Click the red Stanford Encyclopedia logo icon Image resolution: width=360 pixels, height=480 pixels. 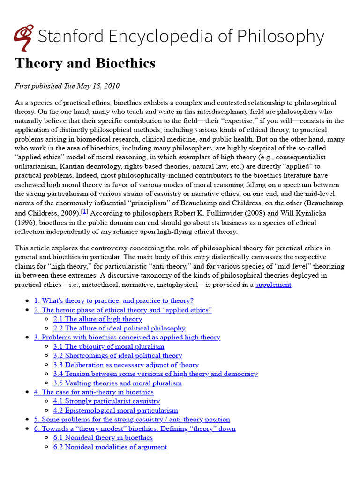23,37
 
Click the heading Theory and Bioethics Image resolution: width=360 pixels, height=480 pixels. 85,63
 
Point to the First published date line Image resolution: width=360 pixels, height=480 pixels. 67,86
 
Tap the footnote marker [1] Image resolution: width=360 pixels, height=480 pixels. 84,211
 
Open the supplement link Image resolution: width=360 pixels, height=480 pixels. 273,285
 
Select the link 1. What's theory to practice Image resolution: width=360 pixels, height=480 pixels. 113,301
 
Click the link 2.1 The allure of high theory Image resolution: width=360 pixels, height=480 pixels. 97,319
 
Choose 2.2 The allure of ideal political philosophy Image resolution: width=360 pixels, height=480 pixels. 119,329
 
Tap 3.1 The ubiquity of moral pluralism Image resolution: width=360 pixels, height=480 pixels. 109,347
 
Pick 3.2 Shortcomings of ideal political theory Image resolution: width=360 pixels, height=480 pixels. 118,356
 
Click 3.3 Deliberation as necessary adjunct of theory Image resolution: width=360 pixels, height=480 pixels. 126,365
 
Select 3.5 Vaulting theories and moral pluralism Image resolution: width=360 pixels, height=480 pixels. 117,383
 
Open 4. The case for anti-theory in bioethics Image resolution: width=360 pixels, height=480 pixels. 94,392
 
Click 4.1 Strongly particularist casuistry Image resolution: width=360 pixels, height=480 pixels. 106,401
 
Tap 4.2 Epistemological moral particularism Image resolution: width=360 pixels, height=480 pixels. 115,411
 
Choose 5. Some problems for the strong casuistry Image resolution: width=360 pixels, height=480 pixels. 132,420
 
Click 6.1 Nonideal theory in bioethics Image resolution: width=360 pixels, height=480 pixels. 103,438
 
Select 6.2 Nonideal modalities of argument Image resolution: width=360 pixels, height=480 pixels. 110,447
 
